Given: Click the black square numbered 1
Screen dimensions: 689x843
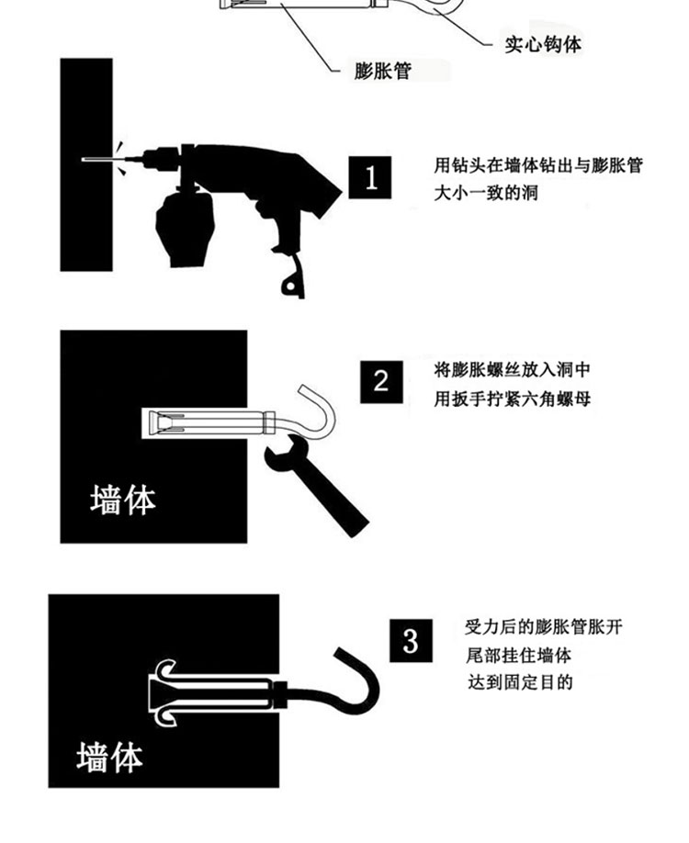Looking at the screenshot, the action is [x=370, y=177].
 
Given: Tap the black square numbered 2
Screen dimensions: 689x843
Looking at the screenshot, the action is [x=381, y=382].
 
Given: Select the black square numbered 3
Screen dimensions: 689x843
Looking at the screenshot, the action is [x=411, y=640].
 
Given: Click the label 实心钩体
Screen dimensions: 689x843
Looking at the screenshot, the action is [x=543, y=44].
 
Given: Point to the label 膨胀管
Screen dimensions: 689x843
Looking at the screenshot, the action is [x=382, y=71].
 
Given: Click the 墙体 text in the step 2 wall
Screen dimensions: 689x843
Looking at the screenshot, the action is [x=123, y=500].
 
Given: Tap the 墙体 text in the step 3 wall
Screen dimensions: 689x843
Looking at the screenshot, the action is [x=109, y=758].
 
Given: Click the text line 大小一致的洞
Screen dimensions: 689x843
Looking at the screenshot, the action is [x=486, y=193].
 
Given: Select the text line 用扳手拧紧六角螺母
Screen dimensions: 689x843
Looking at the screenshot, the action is [x=513, y=399].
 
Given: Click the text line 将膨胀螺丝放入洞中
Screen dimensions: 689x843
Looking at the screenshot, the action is [x=512, y=370].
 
